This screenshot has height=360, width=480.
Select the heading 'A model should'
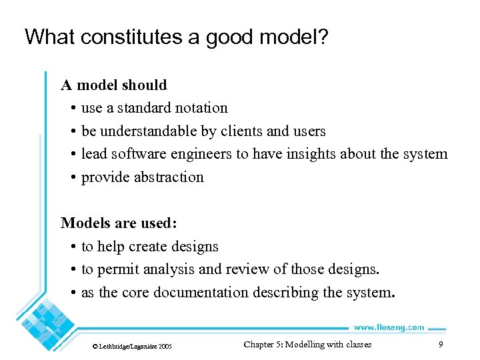(x=114, y=85)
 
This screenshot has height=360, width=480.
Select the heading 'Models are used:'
(x=119, y=223)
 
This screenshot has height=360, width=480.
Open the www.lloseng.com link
(x=388, y=327)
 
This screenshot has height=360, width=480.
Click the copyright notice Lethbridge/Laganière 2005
(x=132, y=346)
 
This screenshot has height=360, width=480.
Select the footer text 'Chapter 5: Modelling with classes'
(x=307, y=345)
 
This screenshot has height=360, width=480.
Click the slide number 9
(x=441, y=345)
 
